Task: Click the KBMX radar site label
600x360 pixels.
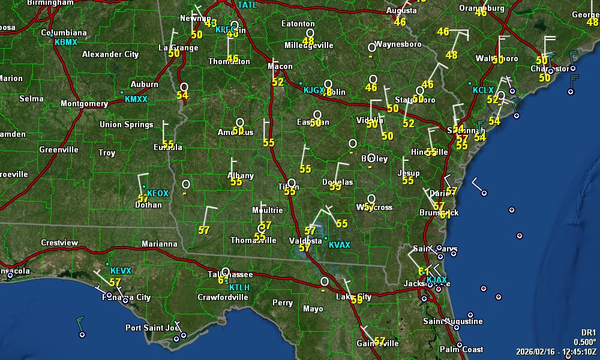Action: (65, 43)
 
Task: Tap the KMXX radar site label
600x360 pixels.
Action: (136, 99)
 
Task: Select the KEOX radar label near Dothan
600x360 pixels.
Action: (158, 193)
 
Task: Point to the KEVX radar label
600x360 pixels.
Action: (121, 271)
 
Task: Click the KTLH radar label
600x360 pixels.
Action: (239, 288)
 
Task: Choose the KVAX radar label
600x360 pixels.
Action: (340, 245)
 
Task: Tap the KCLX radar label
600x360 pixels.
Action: (483, 91)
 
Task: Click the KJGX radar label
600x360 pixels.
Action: (313, 90)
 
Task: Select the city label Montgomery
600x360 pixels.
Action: (84, 104)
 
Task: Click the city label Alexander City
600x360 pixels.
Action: (110, 55)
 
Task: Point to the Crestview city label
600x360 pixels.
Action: (59, 243)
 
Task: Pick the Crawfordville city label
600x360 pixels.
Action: (223, 297)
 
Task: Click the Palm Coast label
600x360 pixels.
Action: (461, 349)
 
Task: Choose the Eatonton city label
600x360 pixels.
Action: (298, 24)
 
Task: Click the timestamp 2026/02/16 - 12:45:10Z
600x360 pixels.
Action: (557, 351)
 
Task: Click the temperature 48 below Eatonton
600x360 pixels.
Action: (308, 41)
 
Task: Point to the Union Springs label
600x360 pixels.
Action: (126, 125)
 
